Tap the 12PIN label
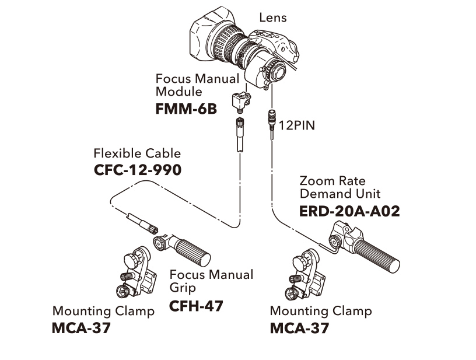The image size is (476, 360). pyautogui.click(x=296, y=125)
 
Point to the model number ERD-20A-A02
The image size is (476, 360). pyautogui.click(x=349, y=211)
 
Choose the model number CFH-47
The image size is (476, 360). pyautogui.click(x=196, y=305)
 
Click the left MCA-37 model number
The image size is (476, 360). pyautogui.click(x=81, y=327)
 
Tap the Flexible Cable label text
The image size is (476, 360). pyautogui.click(x=137, y=153)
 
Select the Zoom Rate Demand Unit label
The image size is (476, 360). pyautogui.click(x=339, y=187)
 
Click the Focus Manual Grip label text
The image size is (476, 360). pyautogui.click(x=211, y=281)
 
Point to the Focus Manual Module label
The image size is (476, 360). pyautogui.click(x=197, y=85)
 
